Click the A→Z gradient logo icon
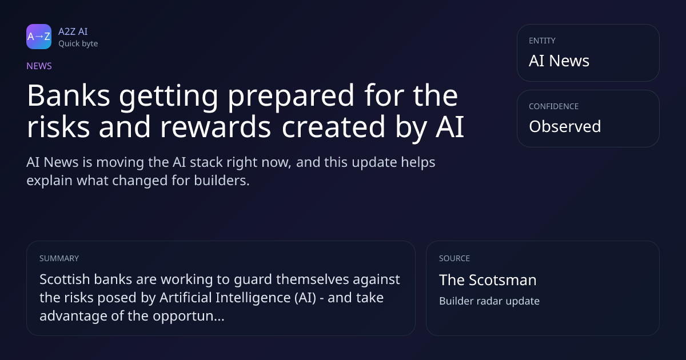click(x=39, y=37)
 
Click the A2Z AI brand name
click(x=73, y=31)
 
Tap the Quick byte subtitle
click(x=78, y=44)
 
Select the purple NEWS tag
click(x=39, y=66)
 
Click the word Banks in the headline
click(x=69, y=95)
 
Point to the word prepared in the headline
click(x=291, y=97)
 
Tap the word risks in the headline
click(x=58, y=126)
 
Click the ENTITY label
click(x=542, y=41)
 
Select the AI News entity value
click(x=559, y=61)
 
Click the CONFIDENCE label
click(x=554, y=106)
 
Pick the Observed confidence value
click(x=565, y=126)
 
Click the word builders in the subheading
click(x=222, y=181)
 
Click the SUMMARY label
click(x=59, y=258)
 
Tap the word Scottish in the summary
click(x=64, y=279)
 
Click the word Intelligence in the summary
click(x=253, y=298)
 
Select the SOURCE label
click(x=454, y=258)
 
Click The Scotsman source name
click(x=488, y=280)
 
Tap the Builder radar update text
click(x=489, y=301)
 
